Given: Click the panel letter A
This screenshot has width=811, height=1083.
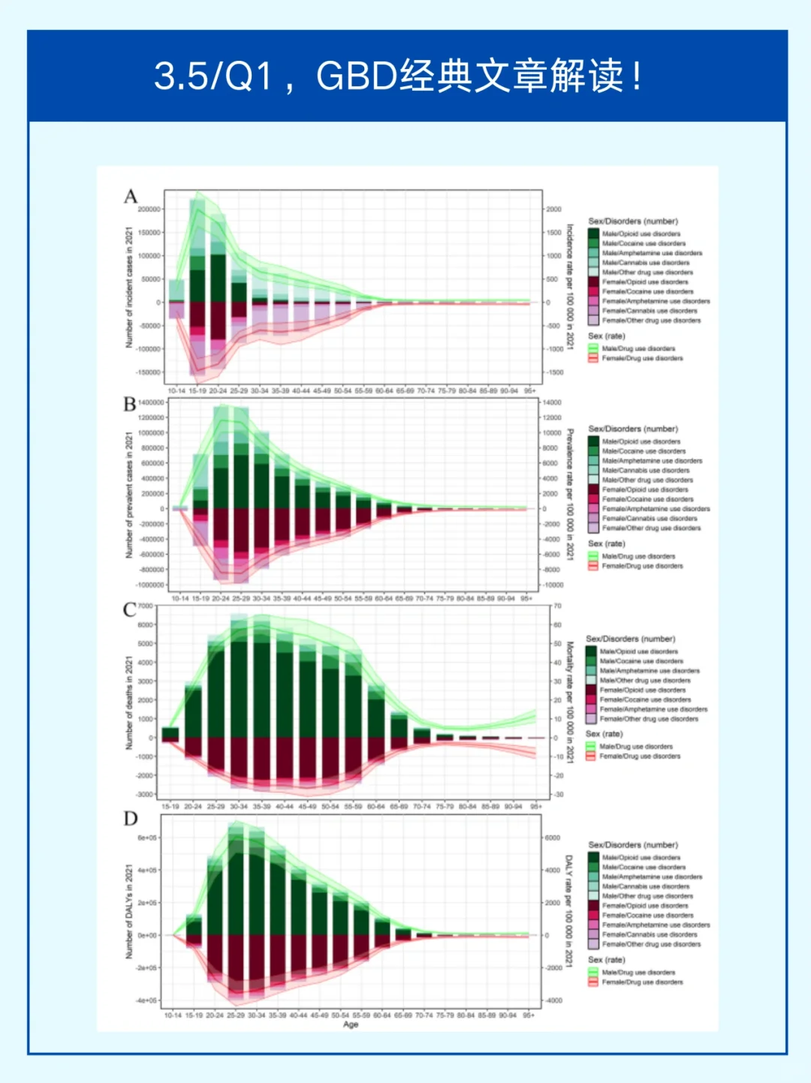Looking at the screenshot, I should point(131,197).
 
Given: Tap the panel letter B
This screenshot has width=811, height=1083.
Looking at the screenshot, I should point(130,405).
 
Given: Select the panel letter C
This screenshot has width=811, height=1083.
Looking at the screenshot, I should point(130,609).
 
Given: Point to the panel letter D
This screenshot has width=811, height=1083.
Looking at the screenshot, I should point(131,818).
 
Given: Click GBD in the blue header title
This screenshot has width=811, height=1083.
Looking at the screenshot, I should point(357,76).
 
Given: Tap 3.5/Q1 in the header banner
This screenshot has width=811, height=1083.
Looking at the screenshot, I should point(213,76).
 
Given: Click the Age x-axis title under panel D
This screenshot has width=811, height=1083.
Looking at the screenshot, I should point(351,1024).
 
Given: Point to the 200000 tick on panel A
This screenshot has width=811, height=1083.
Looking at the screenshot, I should point(149,209).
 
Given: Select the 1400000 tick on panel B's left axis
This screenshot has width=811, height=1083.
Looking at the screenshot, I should point(150,402).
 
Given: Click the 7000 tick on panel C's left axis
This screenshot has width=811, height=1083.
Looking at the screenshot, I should point(145,606).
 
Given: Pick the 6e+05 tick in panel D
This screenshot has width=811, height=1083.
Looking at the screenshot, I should point(147,838).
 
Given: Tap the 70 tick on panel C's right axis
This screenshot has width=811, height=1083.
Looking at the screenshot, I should point(557,606).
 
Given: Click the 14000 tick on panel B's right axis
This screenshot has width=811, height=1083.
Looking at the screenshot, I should point(552,402).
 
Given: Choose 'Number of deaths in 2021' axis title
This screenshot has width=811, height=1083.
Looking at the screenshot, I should point(128,702).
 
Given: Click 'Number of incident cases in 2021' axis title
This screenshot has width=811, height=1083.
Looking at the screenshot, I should point(128,287).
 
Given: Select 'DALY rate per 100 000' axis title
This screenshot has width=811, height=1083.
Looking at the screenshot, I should point(568,910).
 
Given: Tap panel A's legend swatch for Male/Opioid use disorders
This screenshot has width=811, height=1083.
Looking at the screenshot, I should point(593,233).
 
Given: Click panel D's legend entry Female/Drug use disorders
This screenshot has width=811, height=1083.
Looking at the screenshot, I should point(642,982).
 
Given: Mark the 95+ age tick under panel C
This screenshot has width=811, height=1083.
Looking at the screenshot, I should point(536,806).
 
